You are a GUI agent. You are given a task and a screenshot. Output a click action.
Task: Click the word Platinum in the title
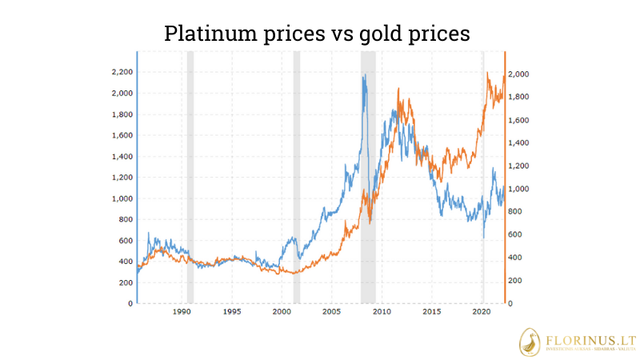click(211, 33)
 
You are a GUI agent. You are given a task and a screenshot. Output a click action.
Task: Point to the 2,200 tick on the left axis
click(122, 72)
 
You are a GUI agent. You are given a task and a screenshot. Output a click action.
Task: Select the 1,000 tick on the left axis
click(122, 198)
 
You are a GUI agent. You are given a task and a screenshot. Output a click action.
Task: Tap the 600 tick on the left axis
click(124, 241)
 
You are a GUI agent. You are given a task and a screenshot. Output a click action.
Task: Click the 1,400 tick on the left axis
click(122, 156)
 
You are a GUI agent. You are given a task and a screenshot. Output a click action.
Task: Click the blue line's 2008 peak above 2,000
click(365, 77)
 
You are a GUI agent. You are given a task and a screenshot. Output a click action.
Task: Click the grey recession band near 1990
click(190, 176)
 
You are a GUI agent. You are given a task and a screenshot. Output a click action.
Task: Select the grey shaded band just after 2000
click(297, 176)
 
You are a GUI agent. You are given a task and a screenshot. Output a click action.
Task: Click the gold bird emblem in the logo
click(532, 342)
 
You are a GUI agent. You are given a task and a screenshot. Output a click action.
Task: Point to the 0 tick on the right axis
click(512, 304)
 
